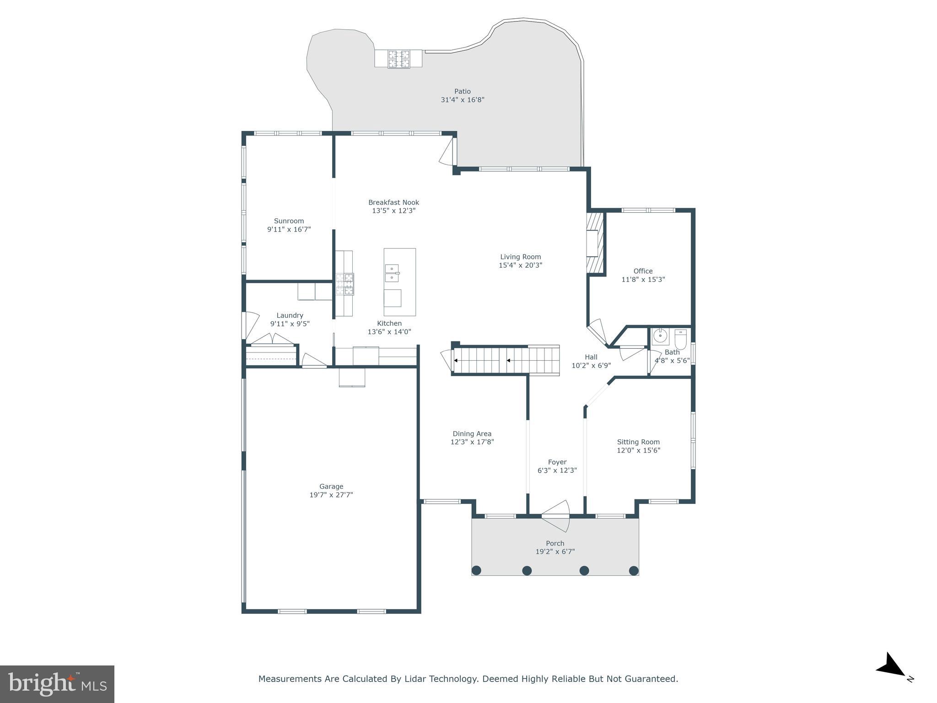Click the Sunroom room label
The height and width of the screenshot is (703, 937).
point(289,221)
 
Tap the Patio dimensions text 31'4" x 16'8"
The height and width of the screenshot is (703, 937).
point(462,100)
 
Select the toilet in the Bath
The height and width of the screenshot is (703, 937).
point(680,339)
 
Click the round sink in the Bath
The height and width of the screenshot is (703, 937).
point(660,336)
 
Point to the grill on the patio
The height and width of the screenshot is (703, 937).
point(399,59)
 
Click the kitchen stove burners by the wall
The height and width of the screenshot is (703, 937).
point(345,284)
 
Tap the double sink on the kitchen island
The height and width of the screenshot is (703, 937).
point(392,273)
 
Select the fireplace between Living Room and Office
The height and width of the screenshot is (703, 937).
point(596,243)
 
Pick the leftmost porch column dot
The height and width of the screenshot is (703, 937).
point(476,570)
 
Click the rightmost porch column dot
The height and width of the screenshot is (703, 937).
point(634,570)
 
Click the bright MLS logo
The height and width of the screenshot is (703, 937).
point(57,684)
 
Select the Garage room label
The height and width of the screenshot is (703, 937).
point(331,487)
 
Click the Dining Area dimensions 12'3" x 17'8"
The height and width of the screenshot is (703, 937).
point(472,442)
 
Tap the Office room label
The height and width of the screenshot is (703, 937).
point(643,271)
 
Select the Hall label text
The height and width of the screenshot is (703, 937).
point(591,357)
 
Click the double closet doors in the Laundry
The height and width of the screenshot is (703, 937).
point(272,339)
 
